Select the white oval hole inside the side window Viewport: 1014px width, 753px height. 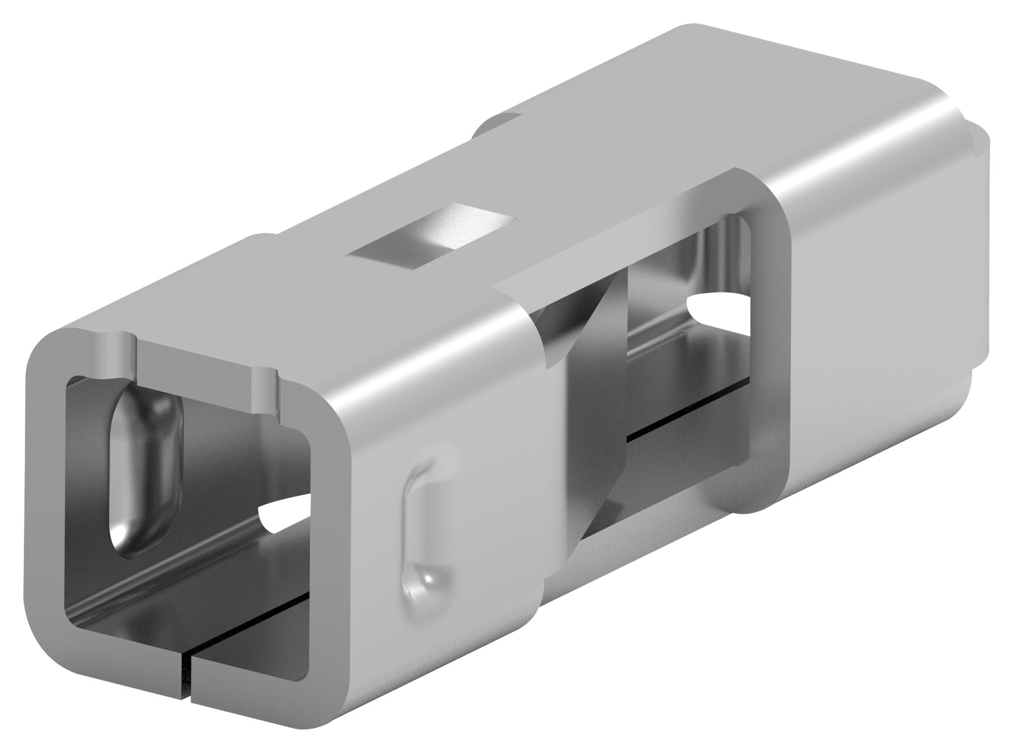715,306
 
